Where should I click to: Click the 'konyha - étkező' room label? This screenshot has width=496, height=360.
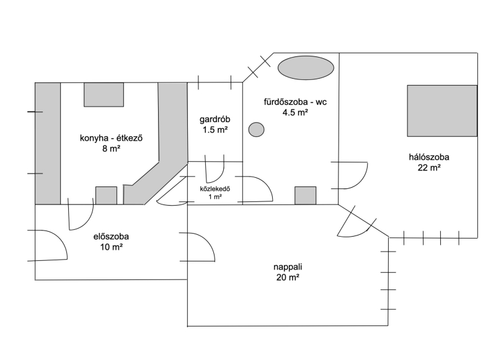112,138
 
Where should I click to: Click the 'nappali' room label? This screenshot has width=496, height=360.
287,267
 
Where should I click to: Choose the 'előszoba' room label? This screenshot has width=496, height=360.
111,236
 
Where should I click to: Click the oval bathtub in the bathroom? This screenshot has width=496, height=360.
306,68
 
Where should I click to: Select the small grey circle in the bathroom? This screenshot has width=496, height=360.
256,130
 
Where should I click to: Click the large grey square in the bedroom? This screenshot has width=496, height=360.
442,110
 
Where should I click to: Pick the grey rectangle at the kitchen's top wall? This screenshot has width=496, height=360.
104,94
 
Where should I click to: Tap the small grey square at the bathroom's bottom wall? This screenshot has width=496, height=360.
305,195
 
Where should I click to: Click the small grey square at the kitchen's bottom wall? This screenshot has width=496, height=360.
106,195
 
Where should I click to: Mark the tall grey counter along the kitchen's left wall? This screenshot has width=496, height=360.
48,143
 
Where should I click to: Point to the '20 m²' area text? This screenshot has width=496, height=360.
287,278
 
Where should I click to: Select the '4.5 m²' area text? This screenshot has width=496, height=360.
295,112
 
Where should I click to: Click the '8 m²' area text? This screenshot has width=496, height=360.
112,149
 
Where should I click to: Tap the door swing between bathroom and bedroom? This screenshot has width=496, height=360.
352,175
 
